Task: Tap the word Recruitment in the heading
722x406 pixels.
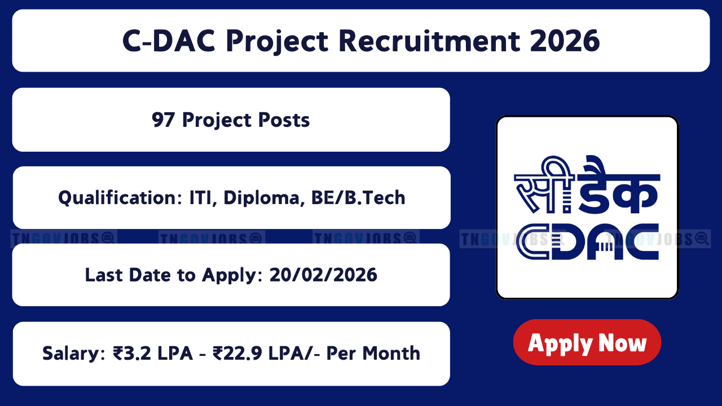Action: click(x=429, y=41)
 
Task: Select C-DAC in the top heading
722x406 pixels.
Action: click(x=169, y=41)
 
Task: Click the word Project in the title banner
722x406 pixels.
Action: click(x=277, y=42)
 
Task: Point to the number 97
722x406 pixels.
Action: click(x=163, y=120)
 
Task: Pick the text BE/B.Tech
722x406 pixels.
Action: click(x=358, y=197)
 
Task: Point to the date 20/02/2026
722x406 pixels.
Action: click(x=323, y=275)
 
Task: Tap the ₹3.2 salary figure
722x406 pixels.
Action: click(x=132, y=353)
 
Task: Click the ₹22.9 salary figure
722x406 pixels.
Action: click(x=237, y=353)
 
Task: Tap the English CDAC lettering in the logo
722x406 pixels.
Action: click(x=587, y=242)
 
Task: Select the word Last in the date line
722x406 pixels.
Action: click(x=104, y=275)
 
